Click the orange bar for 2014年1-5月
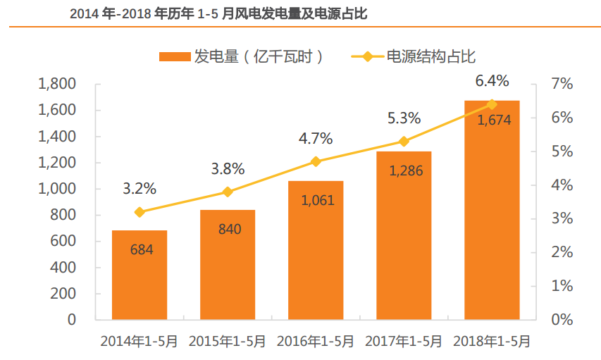140,275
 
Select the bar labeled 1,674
492,211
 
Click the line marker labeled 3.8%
228,192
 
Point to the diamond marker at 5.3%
404,142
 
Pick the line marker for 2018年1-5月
492,104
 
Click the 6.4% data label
492,80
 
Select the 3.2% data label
140,189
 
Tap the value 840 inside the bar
228,229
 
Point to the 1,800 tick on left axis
58,85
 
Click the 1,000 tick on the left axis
58,189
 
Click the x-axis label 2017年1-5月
404,341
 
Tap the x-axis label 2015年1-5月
228,341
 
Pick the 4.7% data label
316,138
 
